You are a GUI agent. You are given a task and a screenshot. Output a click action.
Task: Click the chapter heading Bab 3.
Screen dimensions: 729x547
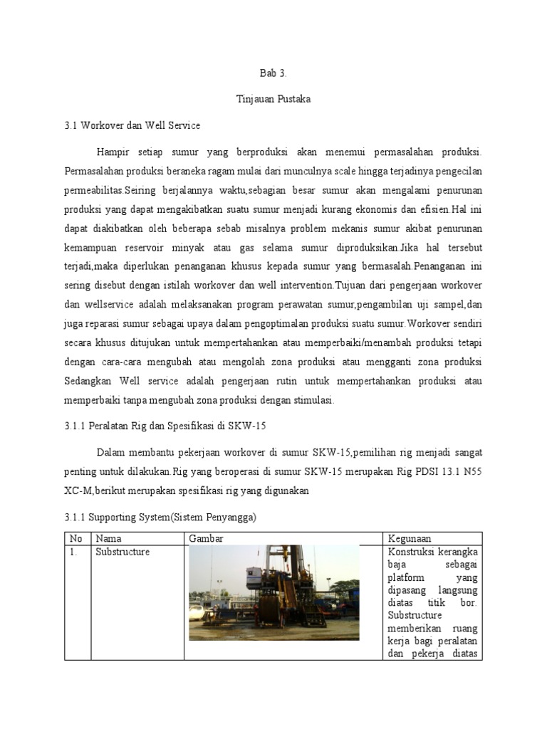click(x=273, y=73)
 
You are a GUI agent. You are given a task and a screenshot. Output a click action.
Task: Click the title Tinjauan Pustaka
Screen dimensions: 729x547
click(x=273, y=99)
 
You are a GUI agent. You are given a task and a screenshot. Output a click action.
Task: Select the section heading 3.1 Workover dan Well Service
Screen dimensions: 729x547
click(x=132, y=125)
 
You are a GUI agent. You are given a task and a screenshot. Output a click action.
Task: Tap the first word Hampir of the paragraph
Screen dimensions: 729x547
click(x=112, y=152)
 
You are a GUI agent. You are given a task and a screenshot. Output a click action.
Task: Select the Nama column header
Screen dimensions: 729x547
click(x=109, y=538)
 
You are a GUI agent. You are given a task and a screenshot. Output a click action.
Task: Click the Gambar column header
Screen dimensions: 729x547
click(x=206, y=538)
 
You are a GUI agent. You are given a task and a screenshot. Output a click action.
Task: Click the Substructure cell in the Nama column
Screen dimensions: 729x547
click(x=122, y=552)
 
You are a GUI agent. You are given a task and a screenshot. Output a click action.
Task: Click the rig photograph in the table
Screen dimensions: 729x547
click(x=274, y=592)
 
